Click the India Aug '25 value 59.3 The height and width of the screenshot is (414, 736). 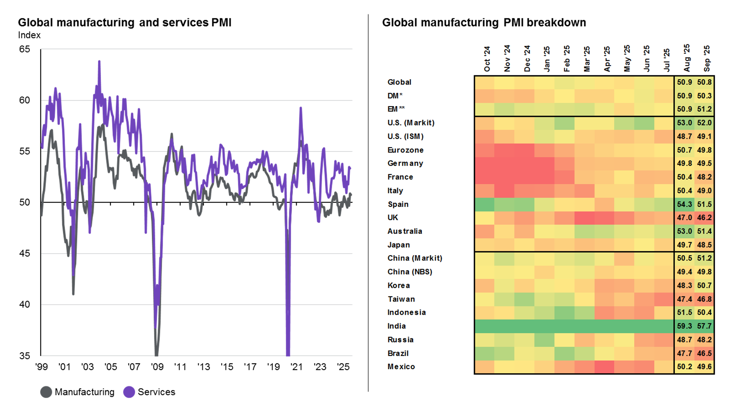[x=684, y=326]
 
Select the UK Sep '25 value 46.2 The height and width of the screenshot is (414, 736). [x=704, y=218]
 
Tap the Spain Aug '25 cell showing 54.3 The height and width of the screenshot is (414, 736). [x=684, y=204]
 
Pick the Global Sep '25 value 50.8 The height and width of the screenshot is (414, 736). [x=704, y=82]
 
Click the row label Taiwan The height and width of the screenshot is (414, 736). [x=401, y=299]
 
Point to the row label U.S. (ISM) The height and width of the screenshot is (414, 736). [x=405, y=137]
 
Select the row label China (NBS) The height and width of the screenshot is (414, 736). [x=410, y=272]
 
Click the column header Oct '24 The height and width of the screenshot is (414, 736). [x=487, y=59]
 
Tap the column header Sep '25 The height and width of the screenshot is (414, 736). [x=706, y=59]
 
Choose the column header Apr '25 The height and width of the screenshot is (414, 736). [x=607, y=59]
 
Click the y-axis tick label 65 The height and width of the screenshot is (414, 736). [x=25, y=49]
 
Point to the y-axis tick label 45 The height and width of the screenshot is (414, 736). [x=25, y=253]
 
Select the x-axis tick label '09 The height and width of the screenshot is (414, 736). [x=157, y=367]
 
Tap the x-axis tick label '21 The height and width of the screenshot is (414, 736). [x=296, y=367]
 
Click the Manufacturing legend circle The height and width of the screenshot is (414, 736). [x=46, y=392]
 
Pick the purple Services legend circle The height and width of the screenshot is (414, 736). [x=129, y=392]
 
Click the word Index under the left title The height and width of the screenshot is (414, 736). [x=29, y=35]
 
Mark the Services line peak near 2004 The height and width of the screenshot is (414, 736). [x=99, y=62]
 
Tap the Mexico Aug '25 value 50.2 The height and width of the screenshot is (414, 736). [x=684, y=367]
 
